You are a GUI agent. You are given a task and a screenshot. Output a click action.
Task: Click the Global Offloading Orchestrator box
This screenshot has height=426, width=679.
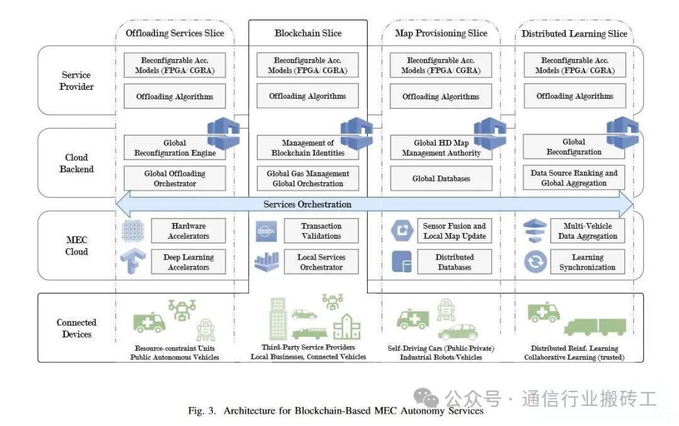175,178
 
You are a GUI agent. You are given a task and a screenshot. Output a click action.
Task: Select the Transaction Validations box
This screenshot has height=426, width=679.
321,231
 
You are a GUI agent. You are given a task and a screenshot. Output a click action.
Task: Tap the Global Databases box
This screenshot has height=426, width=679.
441,178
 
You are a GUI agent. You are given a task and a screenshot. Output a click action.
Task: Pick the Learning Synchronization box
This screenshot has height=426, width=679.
587,262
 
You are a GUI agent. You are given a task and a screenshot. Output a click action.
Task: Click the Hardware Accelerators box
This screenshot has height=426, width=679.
189,231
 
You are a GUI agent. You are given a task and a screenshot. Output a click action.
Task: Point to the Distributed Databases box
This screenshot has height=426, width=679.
455,262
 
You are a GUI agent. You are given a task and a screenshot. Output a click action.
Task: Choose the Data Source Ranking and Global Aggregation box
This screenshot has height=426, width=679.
574,177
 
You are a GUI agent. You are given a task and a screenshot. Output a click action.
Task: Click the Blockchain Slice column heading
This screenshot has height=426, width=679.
308,33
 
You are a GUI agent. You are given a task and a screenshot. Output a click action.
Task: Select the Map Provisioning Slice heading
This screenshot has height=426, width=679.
441,33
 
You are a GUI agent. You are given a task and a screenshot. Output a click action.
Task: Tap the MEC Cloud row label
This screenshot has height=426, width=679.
77,246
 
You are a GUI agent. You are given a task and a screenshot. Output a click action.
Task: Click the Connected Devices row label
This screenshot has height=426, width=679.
77,328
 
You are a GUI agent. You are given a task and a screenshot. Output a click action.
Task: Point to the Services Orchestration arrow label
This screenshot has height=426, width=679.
307,204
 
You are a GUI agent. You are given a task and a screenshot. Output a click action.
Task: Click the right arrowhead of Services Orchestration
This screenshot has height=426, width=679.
627,204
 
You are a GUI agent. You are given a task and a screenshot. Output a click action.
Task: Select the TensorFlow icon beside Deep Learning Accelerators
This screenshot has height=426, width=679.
133,261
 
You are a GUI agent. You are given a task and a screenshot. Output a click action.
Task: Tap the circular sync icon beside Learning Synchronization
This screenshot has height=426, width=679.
535,262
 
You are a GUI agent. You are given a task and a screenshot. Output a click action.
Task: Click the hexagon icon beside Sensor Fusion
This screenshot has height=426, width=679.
402,231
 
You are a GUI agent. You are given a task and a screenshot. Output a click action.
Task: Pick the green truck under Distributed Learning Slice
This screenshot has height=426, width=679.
595,327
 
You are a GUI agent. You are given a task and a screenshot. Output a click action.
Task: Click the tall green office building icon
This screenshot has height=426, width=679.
278,318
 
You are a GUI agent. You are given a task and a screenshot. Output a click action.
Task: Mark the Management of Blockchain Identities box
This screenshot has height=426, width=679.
308,148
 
